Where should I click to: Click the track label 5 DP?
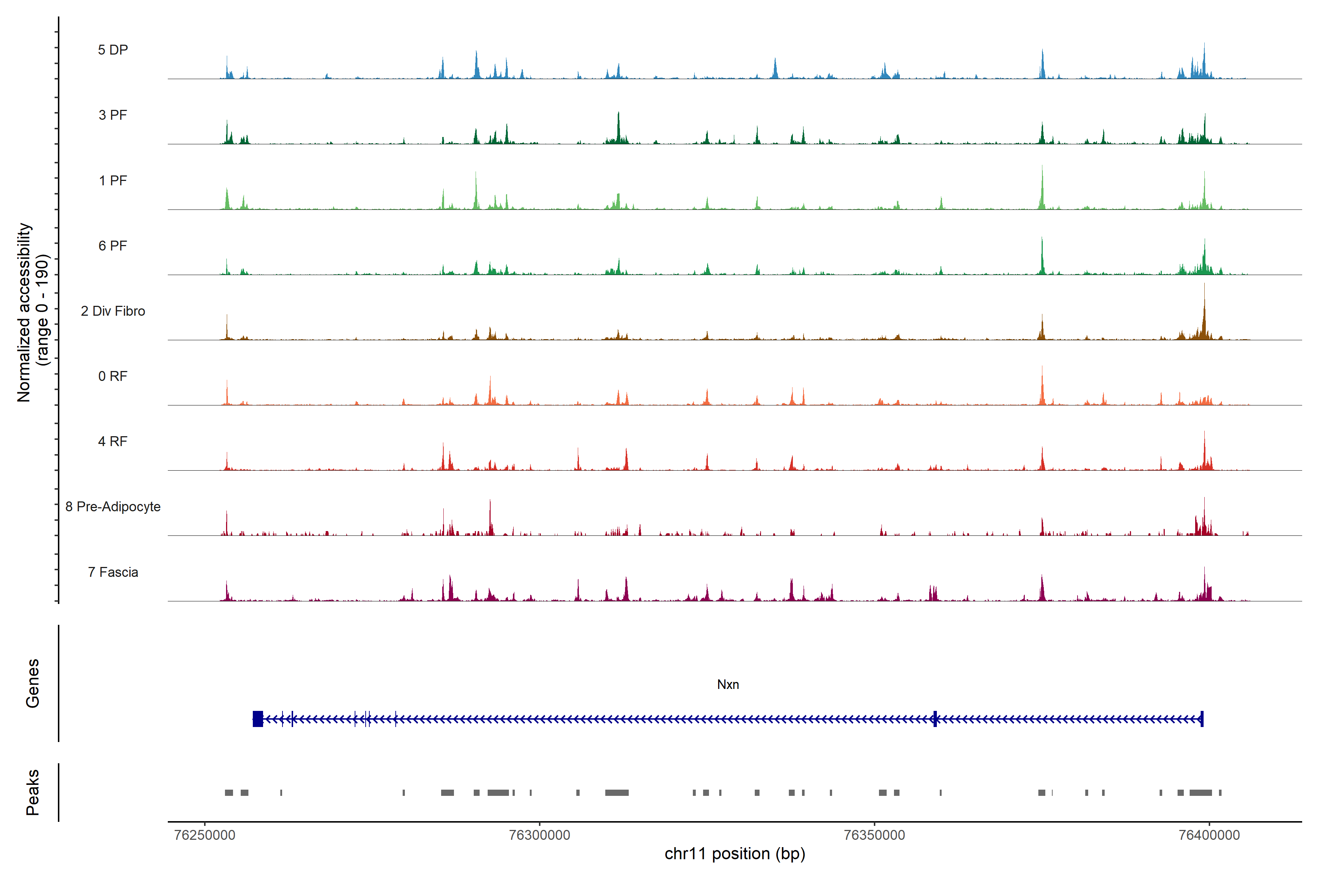(x=113, y=50)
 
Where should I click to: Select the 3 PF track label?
(x=113, y=115)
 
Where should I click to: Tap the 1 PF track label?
(x=113, y=181)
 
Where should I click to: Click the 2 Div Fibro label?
(x=113, y=311)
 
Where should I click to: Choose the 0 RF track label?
(x=113, y=376)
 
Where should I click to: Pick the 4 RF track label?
(x=113, y=441)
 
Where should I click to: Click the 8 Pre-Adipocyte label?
(x=113, y=507)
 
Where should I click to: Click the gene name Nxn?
(x=728, y=685)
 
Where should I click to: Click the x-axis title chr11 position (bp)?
(x=735, y=854)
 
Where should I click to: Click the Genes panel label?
(x=33, y=683)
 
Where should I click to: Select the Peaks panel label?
(x=33, y=792)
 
